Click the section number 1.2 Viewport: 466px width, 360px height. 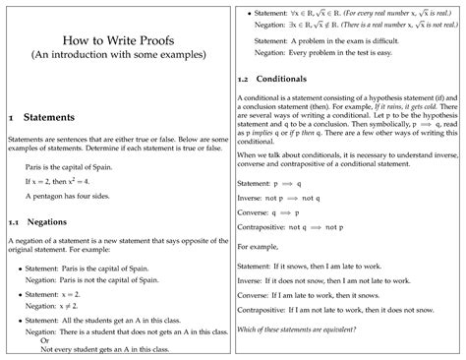tap(245, 78)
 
